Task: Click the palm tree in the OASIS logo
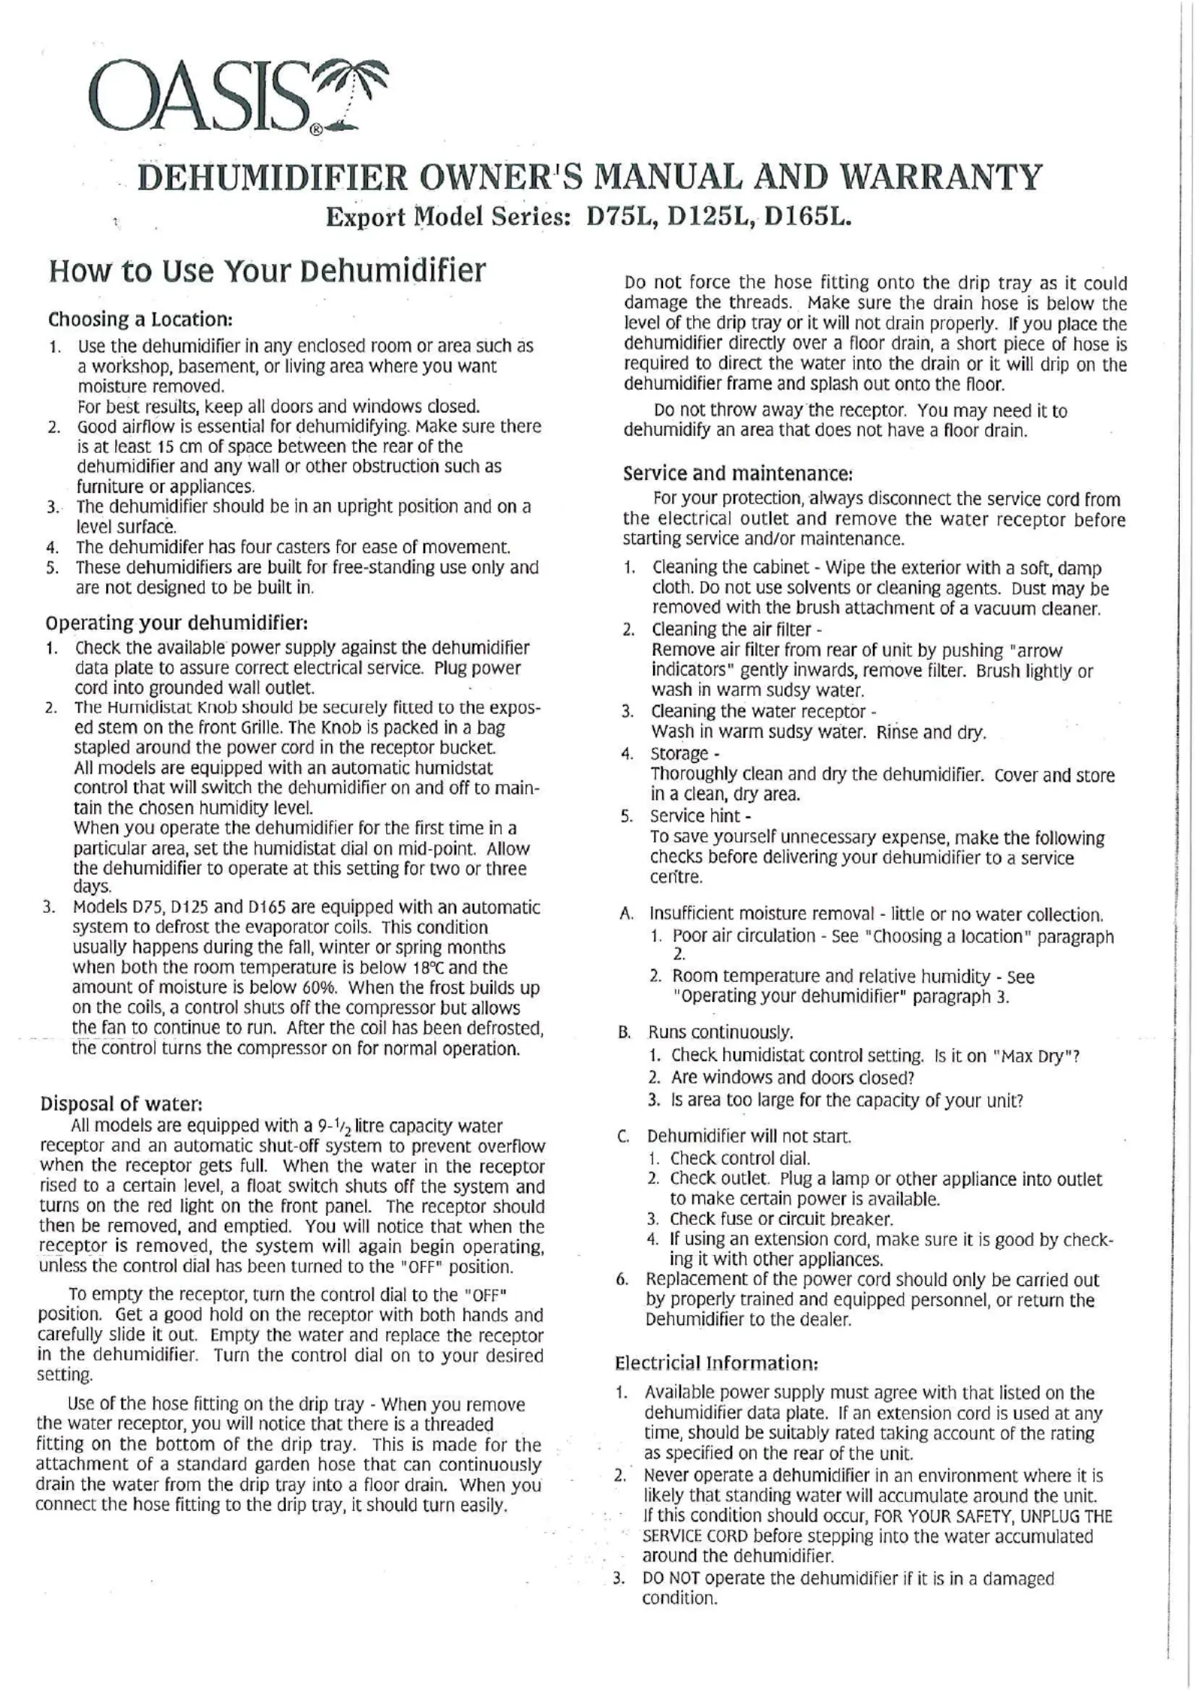click(x=352, y=94)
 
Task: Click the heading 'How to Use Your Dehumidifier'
click(x=267, y=270)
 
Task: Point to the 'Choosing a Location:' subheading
click(x=140, y=319)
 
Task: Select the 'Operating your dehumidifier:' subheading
click(x=178, y=623)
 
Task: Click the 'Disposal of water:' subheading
click(x=121, y=1103)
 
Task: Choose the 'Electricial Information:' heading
click(x=716, y=1363)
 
